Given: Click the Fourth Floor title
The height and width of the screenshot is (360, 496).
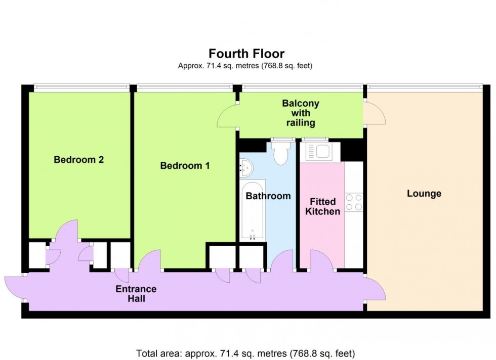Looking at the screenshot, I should (247, 54).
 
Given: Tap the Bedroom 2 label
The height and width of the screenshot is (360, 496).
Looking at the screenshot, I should (79, 160).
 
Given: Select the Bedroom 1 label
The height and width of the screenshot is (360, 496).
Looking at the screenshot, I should (185, 165).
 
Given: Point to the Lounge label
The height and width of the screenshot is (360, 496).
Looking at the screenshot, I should (424, 194).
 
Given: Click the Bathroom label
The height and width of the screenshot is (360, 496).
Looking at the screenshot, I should (268, 196).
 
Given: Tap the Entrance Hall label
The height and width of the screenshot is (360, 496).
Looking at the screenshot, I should (136, 294).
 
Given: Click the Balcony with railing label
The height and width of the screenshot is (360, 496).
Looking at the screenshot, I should (301, 113).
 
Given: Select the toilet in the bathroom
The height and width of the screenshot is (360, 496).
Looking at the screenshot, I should (279, 153).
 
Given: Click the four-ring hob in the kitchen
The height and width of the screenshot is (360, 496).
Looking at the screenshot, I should (353, 202).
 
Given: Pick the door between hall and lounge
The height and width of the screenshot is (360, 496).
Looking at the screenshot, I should (375, 288).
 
